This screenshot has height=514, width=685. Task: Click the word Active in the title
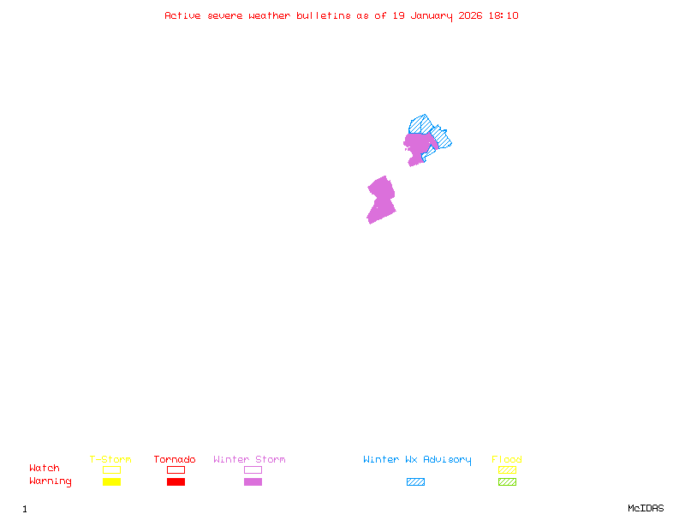[x=183, y=15]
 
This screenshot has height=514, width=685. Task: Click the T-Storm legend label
[x=110, y=460]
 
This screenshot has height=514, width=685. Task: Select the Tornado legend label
[x=175, y=460]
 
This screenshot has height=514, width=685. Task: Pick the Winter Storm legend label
[x=249, y=460]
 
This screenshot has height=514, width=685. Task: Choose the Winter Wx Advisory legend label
[x=417, y=460]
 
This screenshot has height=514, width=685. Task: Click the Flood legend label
[x=507, y=460]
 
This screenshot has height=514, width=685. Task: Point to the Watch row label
[x=45, y=469]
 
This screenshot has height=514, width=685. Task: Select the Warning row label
[x=51, y=481]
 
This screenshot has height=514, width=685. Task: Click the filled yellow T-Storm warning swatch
[x=111, y=482]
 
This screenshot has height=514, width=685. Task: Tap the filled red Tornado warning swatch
[x=176, y=482]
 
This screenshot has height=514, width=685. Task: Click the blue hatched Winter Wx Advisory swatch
[x=415, y=482]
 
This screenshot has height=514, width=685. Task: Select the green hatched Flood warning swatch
[x=507, y=482]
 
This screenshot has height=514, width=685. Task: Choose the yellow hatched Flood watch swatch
[x=507, y=469]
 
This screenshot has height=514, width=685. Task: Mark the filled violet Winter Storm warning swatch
[x=253, y=482]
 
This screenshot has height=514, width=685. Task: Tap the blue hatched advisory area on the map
[x=421, y=124]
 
